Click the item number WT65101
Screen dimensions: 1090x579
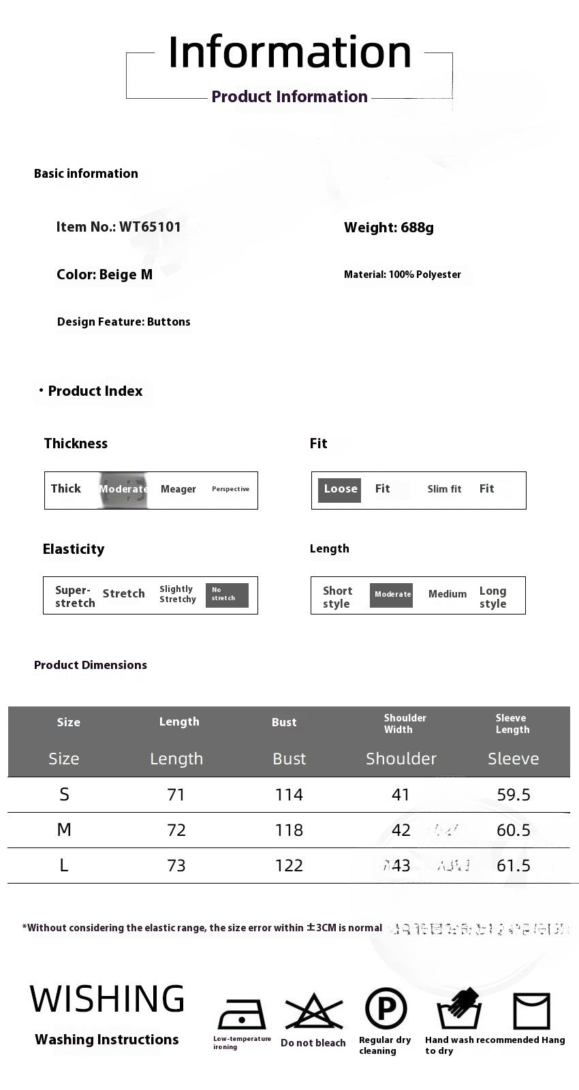[x=150, y=227]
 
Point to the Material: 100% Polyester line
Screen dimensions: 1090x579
[x=402, y=275]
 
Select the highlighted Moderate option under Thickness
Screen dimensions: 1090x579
[x=123, y=489]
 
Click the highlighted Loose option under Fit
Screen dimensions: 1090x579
[x=340, y=489]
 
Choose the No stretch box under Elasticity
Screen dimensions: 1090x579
[x=226, y=595]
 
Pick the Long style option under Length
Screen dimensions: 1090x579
[x=492, y=597]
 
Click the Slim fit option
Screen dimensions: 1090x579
[x=444, y=489]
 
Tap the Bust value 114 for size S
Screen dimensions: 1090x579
[x=289, y=795]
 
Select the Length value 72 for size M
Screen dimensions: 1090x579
[x=176, y=830]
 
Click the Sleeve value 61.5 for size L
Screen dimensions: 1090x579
[x=514, y=866]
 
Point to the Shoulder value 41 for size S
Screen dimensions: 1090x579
[x=401, y=795]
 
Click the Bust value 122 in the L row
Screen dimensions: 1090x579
[x=289, y=866]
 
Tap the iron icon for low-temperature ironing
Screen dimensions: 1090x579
[x=240, y=1014]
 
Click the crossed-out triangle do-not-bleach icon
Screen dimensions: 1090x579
[x=313, y=1012]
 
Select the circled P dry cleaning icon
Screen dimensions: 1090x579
[x=386, y=1008]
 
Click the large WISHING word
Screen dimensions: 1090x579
[x=107, y=1000]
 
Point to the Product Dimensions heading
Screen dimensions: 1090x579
[x=91, y=665]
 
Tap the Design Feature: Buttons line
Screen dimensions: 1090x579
[x=124, y=322]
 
